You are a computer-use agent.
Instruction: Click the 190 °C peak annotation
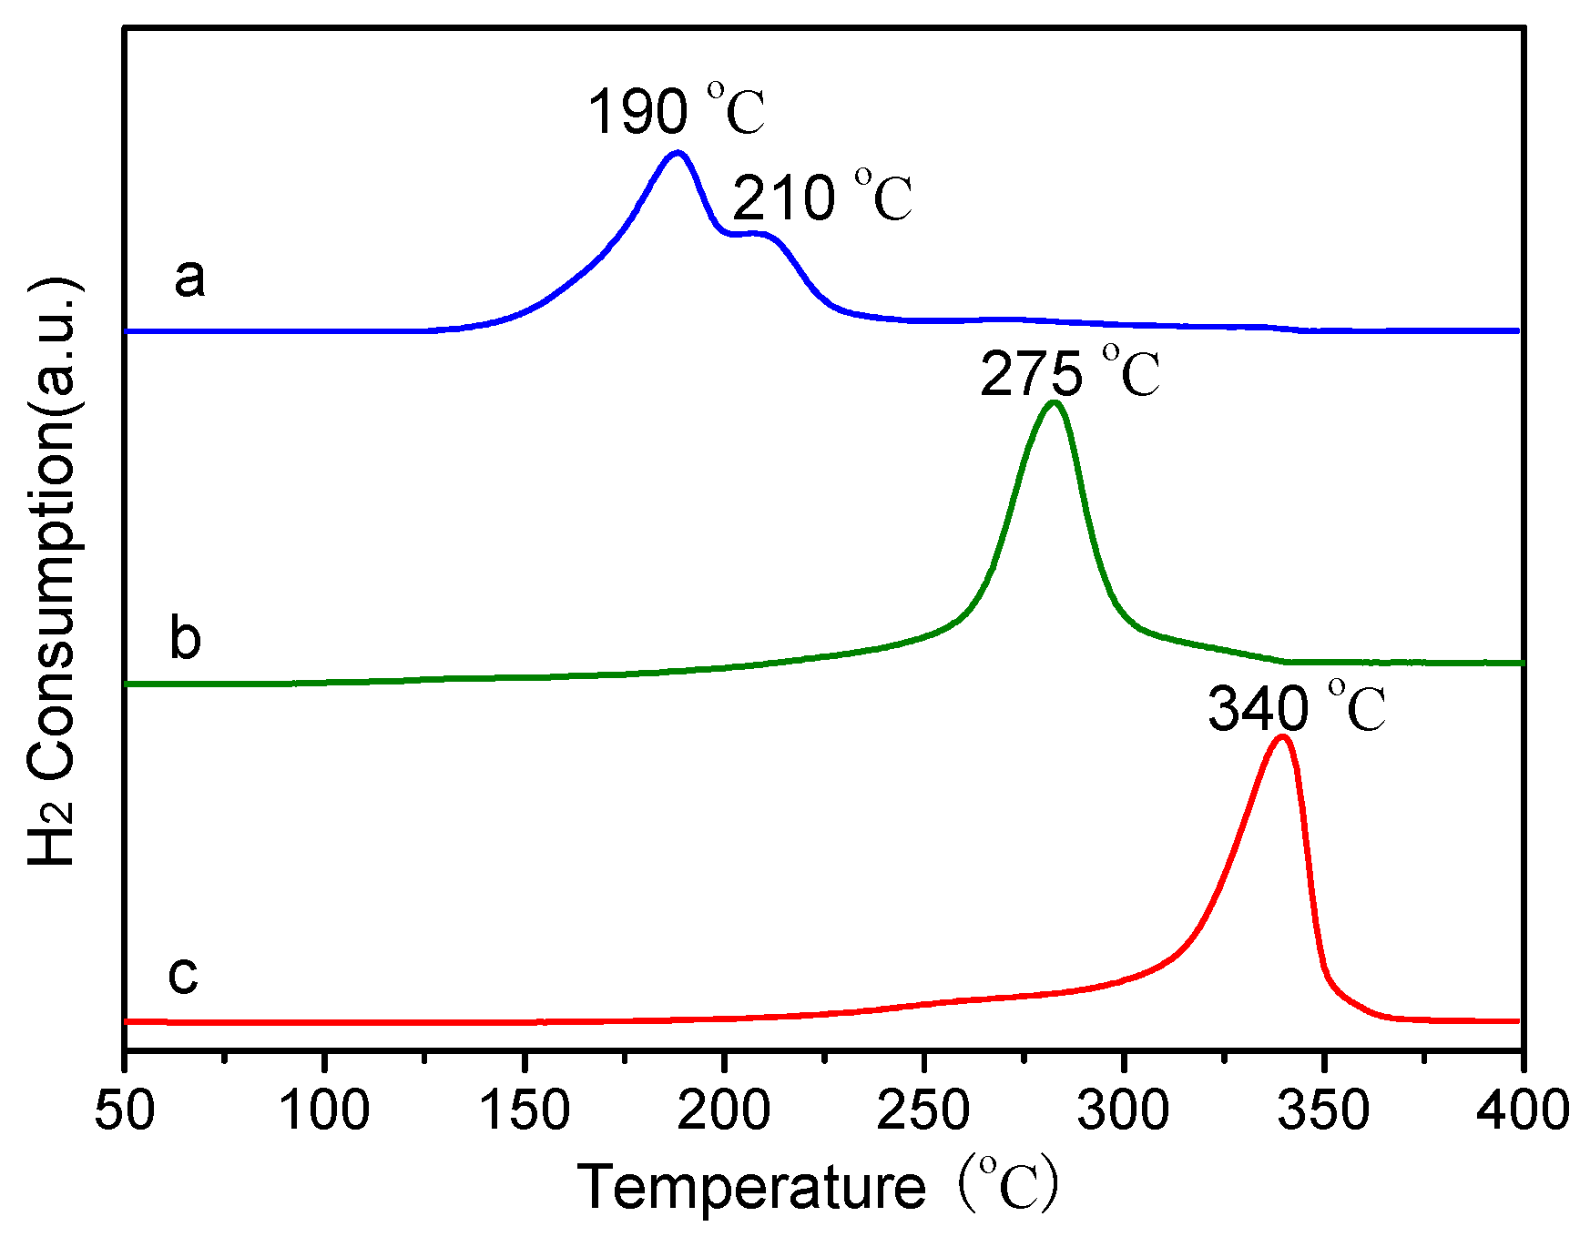[676, 111]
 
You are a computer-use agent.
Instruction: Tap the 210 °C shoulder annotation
[821, 198]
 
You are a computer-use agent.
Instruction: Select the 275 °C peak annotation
[1070, 373]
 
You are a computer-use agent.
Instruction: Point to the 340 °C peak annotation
[1297, 708]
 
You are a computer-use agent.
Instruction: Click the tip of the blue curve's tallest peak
[677, 153]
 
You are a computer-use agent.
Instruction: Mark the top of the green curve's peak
[1054, 402]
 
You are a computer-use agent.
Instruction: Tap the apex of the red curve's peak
[1282, 736]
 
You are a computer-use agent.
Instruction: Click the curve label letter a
[189, 277]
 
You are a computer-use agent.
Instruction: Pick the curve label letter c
[183, 974]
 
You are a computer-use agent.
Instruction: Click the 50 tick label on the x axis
[125, 1111]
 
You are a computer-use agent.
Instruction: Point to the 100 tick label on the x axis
[324, 1111]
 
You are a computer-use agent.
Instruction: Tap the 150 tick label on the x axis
[525, 1111]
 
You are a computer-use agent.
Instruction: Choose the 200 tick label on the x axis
[724, 1111]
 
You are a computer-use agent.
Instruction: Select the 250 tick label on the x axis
[924, 1111]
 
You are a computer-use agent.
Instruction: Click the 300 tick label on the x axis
[1124, 1111]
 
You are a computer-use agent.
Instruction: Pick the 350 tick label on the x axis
[1324, 1111]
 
